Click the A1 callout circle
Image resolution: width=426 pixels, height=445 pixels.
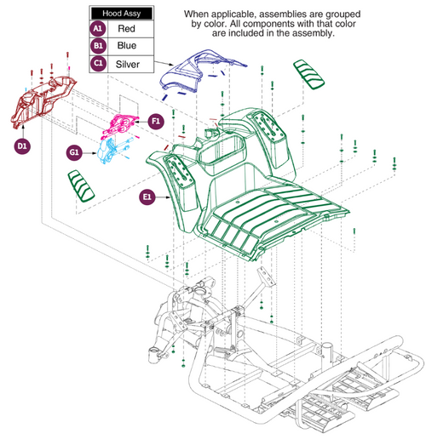pyautogui.click(x=98, y=29)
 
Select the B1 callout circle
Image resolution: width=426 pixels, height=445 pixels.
pyautogui.click(x=98, y=46)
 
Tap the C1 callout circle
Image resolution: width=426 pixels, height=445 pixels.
pyautogui.click(x=98, y=63)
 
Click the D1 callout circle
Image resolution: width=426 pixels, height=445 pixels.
pyautogui.click(x=22, y=146)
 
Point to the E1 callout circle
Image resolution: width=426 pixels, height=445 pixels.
pyautogui.click(x=147, y=197)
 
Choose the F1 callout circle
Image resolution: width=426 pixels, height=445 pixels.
pyautogui.click(x=156, y=122)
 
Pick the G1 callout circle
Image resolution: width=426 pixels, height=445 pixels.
pyautogui.click(x=74, y=152)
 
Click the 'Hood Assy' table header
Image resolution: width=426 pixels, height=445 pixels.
pyautogui.click(x=121, y=14)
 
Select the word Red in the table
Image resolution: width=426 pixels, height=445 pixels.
pyautogui.click(x=126, y=28)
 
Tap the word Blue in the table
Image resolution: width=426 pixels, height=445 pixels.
pyautogui.click(x=127, y=45)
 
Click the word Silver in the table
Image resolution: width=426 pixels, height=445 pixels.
pyautogui.click(x=128, y=64)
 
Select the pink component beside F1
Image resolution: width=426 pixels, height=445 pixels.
pyautogui.click(x=121, y=124)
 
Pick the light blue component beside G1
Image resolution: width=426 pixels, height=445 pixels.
pyautogui.click(x=112, y=150)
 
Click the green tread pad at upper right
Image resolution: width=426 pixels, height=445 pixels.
pyautogui.click(x=309, y=74)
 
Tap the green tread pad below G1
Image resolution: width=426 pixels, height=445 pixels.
pyautogui.click(x=81, y=185)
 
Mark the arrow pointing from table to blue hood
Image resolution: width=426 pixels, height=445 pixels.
pyautogui.click(x=164, y=61)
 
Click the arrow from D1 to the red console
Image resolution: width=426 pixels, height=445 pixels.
pyautogui.click(x=23, y=131)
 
